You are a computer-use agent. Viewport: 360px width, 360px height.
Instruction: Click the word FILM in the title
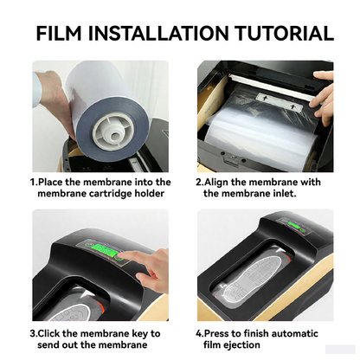click(x=66, y=34)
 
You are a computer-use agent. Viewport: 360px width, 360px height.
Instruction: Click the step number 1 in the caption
click(x=33, y=183)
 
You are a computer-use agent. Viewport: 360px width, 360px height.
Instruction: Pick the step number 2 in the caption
click(x=198, y=183)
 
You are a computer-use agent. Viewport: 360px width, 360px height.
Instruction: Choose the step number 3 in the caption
click(x=33, y=333)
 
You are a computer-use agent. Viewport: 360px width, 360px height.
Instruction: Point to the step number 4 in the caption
click(x=198, y=333)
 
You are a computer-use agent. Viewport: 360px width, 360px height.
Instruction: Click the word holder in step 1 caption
click(x=149, y=195)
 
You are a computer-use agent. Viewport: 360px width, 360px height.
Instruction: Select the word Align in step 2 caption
click(x=222, y=183)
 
